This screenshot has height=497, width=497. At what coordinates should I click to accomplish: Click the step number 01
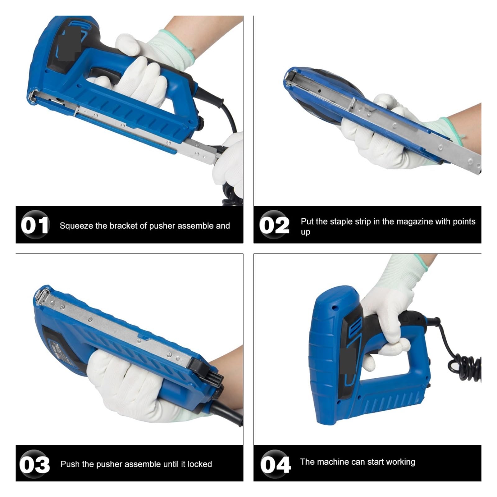[x=35, y=225]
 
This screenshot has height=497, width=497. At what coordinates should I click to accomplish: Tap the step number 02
[x=274, y=225]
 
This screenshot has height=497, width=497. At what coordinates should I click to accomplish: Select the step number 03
[x=34, y=464]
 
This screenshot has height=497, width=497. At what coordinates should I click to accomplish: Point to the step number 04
[x=275, y=464]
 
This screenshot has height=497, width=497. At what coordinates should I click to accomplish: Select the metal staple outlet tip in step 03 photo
[x=42, y=297]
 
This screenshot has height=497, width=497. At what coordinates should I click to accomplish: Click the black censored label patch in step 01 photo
[x=70, y=43]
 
